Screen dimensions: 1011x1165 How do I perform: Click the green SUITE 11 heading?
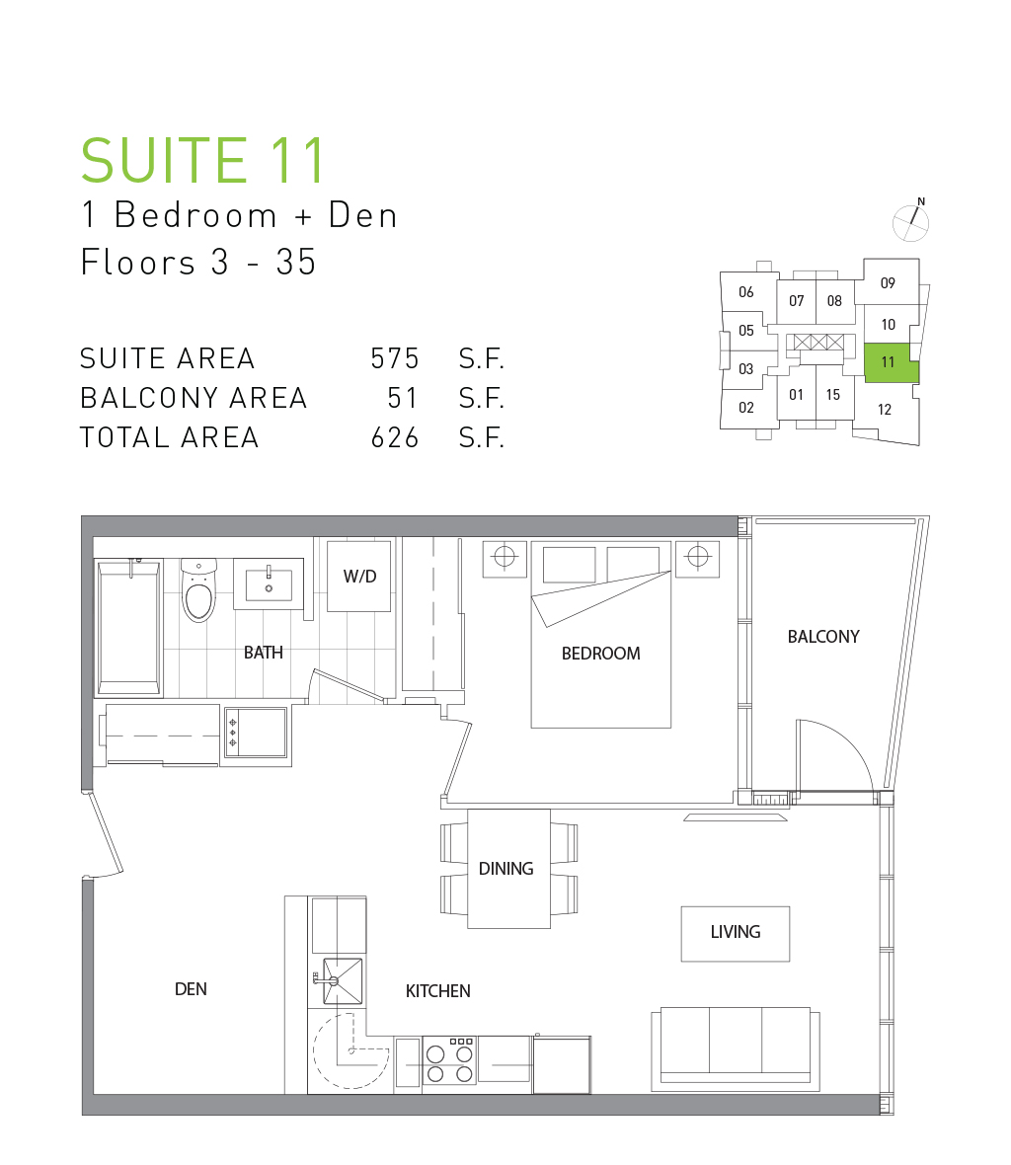point(202,160)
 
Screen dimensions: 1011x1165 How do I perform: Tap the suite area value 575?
point(395,358)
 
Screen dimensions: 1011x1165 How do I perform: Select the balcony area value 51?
point(403,398)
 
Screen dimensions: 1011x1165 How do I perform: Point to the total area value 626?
point(395,437)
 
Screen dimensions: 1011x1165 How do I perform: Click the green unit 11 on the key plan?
point(891,362)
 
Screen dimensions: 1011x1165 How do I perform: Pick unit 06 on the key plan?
point(746,292)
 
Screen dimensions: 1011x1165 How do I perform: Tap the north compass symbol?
point(910,221)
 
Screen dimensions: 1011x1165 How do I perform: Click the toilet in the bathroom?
point(199,590)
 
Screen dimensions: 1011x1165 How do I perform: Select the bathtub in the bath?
point(127,629)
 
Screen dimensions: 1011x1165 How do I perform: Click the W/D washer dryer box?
point(359,576)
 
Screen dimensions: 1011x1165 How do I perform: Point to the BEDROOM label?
point(601,653)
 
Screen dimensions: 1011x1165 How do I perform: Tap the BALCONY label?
point(823,637)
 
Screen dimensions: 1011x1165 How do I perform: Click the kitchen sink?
point(343,980)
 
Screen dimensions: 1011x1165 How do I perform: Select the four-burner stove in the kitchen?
point(450,1061)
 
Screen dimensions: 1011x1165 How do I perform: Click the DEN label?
point(191,989)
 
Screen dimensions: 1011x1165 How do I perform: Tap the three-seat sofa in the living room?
point(736,1049)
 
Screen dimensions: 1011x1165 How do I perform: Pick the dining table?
point(508,869)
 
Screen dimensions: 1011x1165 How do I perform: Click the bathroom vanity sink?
point(269,584)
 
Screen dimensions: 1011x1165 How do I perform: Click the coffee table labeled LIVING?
point(736,934)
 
